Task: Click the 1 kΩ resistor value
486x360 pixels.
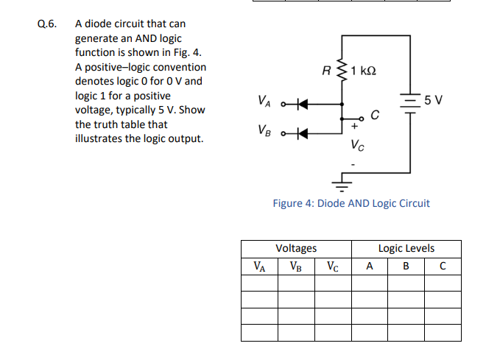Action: (364, 71)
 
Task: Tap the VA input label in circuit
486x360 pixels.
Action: (263, 101)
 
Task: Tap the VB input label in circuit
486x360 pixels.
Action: (263, 130)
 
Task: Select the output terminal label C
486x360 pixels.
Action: (375, 115)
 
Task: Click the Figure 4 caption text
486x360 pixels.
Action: (351, 203)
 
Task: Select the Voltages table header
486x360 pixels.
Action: (296, 248)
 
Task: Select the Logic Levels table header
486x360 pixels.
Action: (406, 248)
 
